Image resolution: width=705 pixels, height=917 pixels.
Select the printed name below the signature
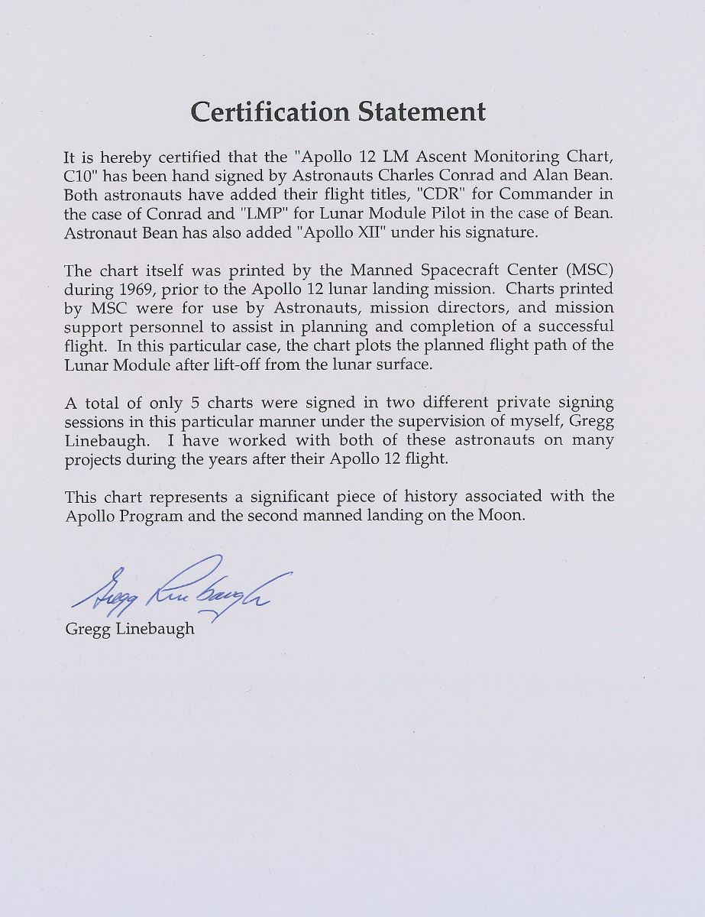(130, 629)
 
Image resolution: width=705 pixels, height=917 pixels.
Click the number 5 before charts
(195, 403)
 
